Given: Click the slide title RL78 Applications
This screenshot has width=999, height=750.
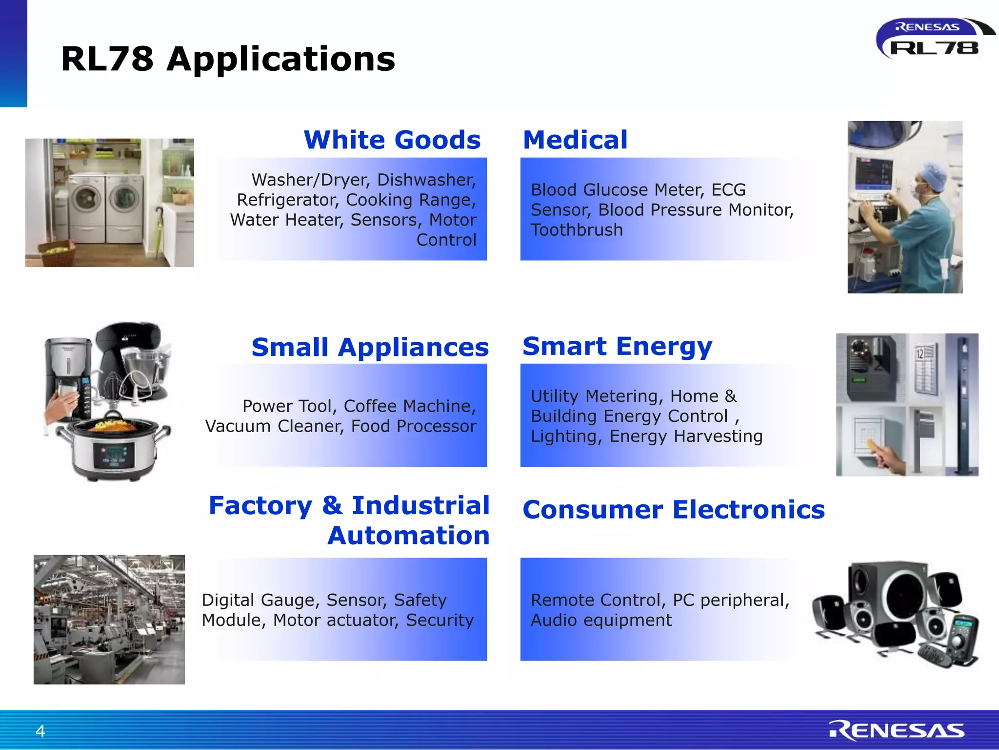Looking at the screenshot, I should click(228, 59).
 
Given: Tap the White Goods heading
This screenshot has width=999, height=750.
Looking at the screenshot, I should click(392, 140).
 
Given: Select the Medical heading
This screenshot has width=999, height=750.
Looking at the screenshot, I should click(575, 140).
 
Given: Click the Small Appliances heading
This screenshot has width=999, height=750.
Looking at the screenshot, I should click(370, 348).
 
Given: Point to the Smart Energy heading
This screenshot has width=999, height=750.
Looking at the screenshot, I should click(617, 347).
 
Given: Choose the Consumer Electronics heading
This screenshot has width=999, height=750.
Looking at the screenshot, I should click(674, 510).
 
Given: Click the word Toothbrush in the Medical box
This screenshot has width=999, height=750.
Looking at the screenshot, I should click(577, 230).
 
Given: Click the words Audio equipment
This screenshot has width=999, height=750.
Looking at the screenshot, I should click(601, 620).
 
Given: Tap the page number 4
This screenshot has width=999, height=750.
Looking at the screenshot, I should click(40, 731).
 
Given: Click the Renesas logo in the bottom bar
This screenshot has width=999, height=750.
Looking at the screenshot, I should click(897, 730).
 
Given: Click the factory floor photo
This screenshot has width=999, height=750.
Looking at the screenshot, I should click(109, 619).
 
